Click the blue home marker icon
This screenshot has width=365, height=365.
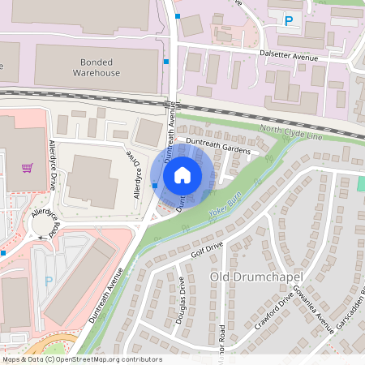[182, 174]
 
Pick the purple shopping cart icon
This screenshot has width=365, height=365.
[28, 168]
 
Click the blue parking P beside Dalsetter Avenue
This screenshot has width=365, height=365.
[288, 20]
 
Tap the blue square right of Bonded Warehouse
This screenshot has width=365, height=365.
[166, 62]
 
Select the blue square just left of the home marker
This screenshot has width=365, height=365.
[155, 186]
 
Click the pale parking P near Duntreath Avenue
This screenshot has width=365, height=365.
[49, 281]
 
